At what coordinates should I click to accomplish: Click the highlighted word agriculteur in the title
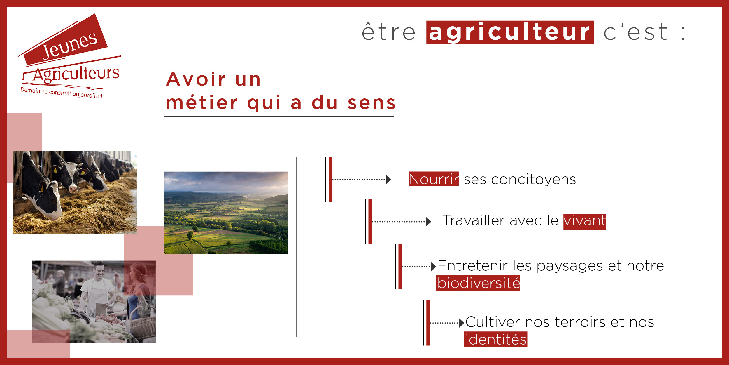click(x=510, y=32)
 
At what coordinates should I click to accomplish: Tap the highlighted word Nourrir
click(x=434, y=179)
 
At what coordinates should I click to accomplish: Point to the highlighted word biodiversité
click(x=478, y=283)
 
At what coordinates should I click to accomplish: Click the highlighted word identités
click(x=496, y=339)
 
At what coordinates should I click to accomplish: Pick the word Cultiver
click(x=493, y=322)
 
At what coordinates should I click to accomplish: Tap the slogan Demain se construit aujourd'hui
click(x=61, y=93)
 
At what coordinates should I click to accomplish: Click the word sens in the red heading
click(x=371, y=103)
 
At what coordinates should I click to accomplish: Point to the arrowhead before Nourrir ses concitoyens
click(x=388, y=180)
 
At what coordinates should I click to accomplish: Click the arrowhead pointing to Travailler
click(x=428, y=222)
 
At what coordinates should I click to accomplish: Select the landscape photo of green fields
click(x=226, y=213)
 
